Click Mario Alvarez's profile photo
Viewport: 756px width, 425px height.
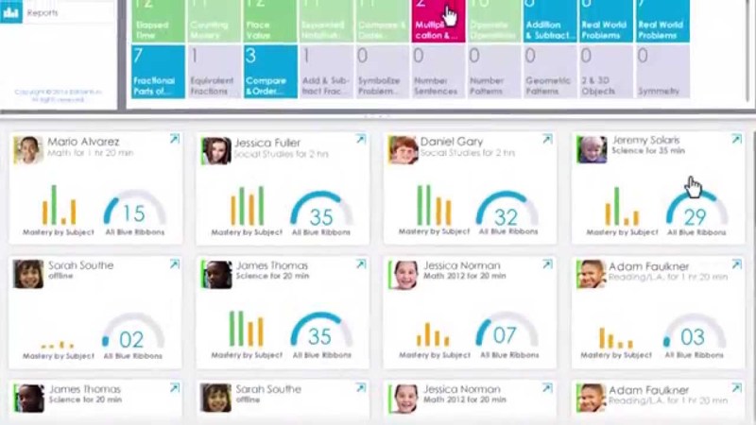(27, 150)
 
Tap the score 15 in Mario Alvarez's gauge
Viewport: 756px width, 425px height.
(134, 214)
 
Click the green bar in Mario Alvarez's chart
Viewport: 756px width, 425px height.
(53, 205)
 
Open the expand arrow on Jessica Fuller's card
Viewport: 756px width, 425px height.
(360, 140)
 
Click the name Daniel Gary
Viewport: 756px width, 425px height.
(451, 142)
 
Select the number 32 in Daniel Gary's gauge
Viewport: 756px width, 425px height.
(507, 217)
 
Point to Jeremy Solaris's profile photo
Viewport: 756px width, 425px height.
(593, 149)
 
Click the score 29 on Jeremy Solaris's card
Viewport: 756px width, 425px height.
(695, 217)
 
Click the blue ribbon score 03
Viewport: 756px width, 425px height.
(693, 337)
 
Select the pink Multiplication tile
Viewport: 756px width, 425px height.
(438, 21)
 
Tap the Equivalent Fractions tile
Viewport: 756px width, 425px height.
(213, 72)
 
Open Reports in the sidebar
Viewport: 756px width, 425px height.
(42, 13)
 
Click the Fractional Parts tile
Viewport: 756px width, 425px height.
(158, 72)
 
